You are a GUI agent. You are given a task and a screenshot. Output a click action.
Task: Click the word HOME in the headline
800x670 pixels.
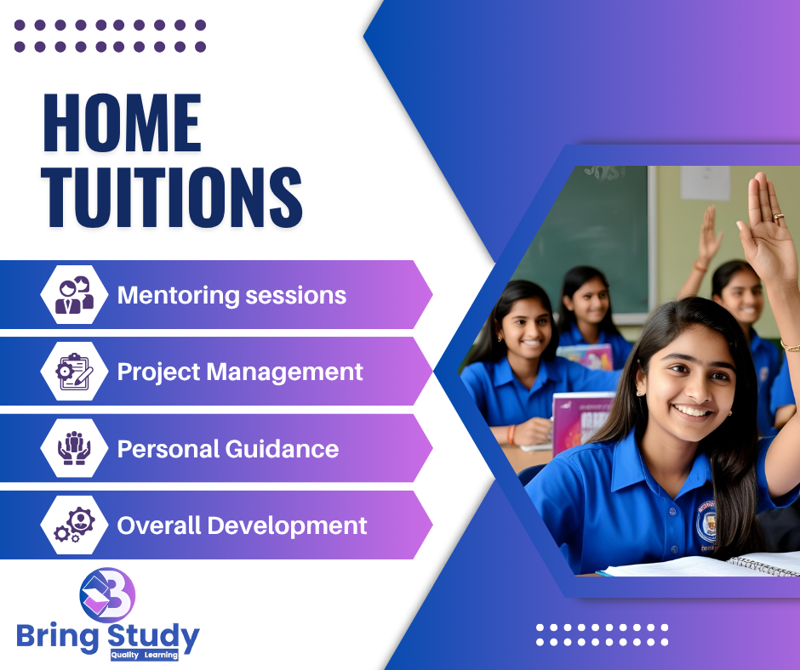pyautogui.click(x=123, y=123)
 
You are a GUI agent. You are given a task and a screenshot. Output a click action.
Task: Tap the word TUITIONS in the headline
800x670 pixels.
pyautogui.click(x=172, y=196)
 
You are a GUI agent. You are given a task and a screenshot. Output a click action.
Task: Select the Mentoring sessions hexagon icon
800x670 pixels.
pyautogui.click(x=75, y=295)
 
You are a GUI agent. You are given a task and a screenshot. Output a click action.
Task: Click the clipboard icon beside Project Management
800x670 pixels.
pyautogui.click(x=75, y=372)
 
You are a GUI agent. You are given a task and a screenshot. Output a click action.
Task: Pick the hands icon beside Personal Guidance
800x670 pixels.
pyautogui.click(x=75, y=448)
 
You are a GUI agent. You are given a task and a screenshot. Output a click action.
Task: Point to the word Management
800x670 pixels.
pyautogui.click(x=285, y=372)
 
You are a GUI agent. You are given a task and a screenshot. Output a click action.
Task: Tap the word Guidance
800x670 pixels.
pyautogui.click(x=283, y=449)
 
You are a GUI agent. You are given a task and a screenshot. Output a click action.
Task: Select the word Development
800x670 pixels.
pyautogui.click(x=288, y=526)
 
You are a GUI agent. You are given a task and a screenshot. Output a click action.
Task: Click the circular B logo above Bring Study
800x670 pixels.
pyautogui.click(x=107, y=594)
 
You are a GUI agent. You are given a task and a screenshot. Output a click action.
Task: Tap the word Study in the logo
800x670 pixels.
pyautogui.click(x=153, y=637)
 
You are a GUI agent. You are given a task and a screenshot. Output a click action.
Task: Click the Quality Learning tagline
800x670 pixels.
pyautogui.click(x=145, y=656)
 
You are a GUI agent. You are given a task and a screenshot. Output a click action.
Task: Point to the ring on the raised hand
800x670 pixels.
pyautogui.click(x=779, y=217)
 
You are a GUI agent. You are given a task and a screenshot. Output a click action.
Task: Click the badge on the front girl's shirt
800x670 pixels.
pyautogui.click(x=707, y=523)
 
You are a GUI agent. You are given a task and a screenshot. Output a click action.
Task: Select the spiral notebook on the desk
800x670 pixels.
pyautogui.click(x=763, y=565)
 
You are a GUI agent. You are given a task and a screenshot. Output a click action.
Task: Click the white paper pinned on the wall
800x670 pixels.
pyautogui.click(x=705, y=183)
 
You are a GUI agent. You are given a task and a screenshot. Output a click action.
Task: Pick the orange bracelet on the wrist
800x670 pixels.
pyautogui.click(x=511, y=435)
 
